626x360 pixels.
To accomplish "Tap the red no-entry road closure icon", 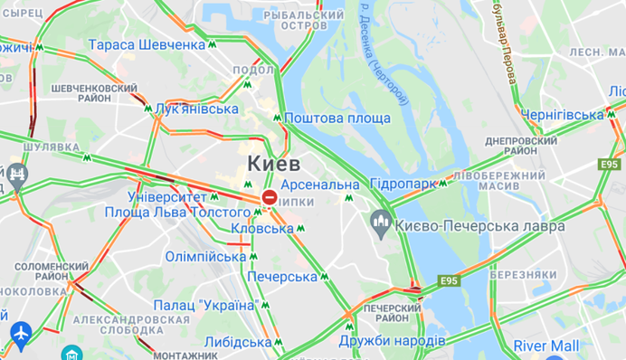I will (270, 197).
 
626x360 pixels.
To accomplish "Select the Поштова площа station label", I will (337, 118).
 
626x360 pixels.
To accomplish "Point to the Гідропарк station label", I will (403, 184).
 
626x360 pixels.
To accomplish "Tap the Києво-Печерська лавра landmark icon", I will (381, 221).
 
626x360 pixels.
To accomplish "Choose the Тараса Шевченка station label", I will (147, 44).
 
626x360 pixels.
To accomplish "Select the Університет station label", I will (167, 196).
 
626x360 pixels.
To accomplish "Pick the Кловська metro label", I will (262, 228).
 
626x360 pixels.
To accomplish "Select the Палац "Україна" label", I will (205, 305).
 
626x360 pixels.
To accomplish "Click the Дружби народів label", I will (392, 340).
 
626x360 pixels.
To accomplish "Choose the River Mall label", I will (546, 346).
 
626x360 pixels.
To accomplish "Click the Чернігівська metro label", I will (562, 114).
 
